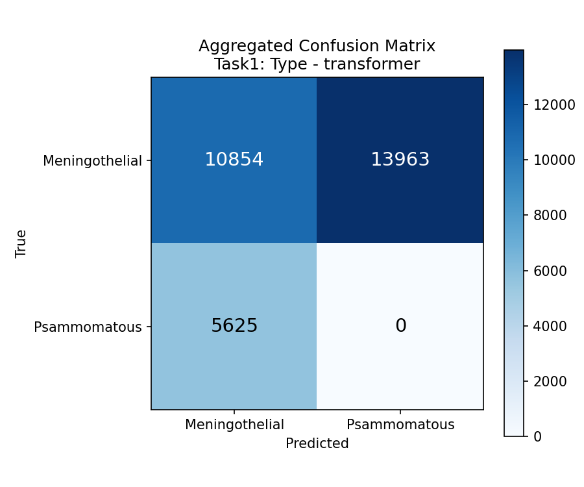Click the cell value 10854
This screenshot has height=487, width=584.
(x=234, y=160)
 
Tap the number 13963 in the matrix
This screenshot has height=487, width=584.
(x=400, y=160)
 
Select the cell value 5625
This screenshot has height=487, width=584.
(x=234, y=326)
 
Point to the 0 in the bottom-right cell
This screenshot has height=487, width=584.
(x=401, y=326)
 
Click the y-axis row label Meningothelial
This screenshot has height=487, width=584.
(x=92, y=161)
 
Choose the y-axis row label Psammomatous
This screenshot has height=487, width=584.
(x=88, y=327)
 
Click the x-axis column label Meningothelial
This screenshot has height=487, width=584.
(x=234, y=425)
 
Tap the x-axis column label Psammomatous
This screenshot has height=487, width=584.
(x=400, y=425)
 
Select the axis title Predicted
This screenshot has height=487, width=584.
(x=317, y=443)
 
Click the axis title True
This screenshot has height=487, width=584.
(x=21, y=243)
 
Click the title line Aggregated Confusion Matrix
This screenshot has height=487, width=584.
(x=317, y=46)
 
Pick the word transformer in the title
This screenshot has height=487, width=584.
(x=372, y=64)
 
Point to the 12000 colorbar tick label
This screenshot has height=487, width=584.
(x=554, y=105)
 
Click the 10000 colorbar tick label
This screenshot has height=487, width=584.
(x=554, y=160)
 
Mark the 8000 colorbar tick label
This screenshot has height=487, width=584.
(x=550, y=216)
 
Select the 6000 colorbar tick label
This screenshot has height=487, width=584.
(x=550, y=271)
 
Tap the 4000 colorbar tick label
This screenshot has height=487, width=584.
(x=550, y=326)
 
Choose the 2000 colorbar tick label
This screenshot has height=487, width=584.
(x=550, y=381)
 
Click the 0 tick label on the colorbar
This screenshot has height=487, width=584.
(x=537, y=436)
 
